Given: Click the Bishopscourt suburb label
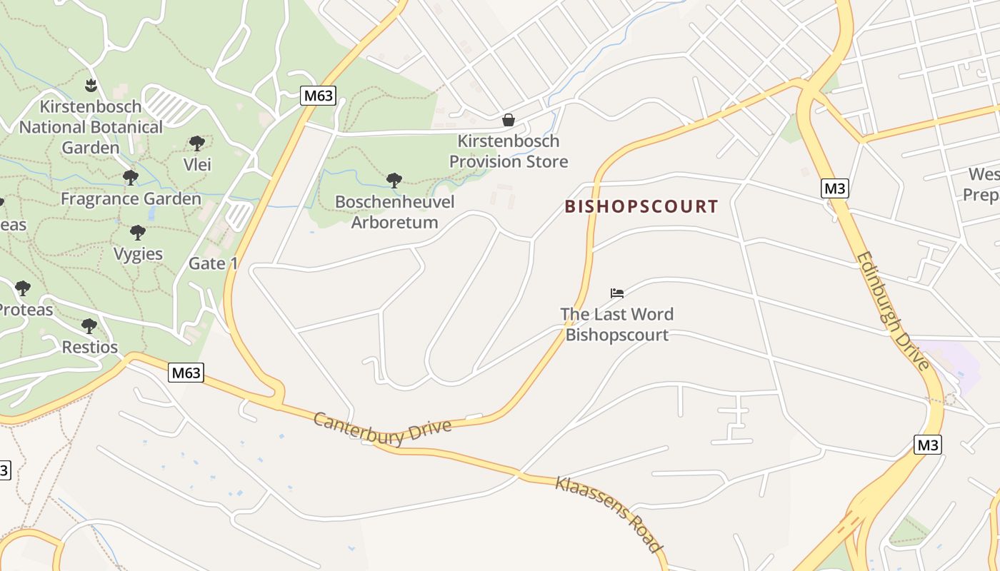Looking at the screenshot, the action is pos(641,207).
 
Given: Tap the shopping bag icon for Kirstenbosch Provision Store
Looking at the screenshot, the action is pos(509,120).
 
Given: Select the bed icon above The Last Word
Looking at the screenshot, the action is pos(617,293).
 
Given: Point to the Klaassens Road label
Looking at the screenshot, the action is pos(608,513).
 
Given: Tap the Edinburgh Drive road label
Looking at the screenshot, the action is pos(893,310).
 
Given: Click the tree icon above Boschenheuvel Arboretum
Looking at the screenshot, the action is pos(394,180).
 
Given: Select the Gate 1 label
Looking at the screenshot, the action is pos(213,263).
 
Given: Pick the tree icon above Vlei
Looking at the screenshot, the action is pos(197,143).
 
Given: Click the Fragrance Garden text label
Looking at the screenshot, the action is pos(131,198).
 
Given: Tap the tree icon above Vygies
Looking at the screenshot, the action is pos(138,232).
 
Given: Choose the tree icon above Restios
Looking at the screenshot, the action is pos(89,326).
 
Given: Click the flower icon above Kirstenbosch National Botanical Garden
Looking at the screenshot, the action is pos(91,86).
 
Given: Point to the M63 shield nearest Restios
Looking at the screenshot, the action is pos(186,373).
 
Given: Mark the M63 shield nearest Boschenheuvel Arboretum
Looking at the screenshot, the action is pos(317,96).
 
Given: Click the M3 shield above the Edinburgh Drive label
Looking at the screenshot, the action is pos(834,189).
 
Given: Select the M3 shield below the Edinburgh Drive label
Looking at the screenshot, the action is pos(927,445).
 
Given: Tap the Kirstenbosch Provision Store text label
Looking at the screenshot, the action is pos(509,151).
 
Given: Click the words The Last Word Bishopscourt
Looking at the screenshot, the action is pos(617,324).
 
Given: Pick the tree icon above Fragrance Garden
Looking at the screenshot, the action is pos(130,177).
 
